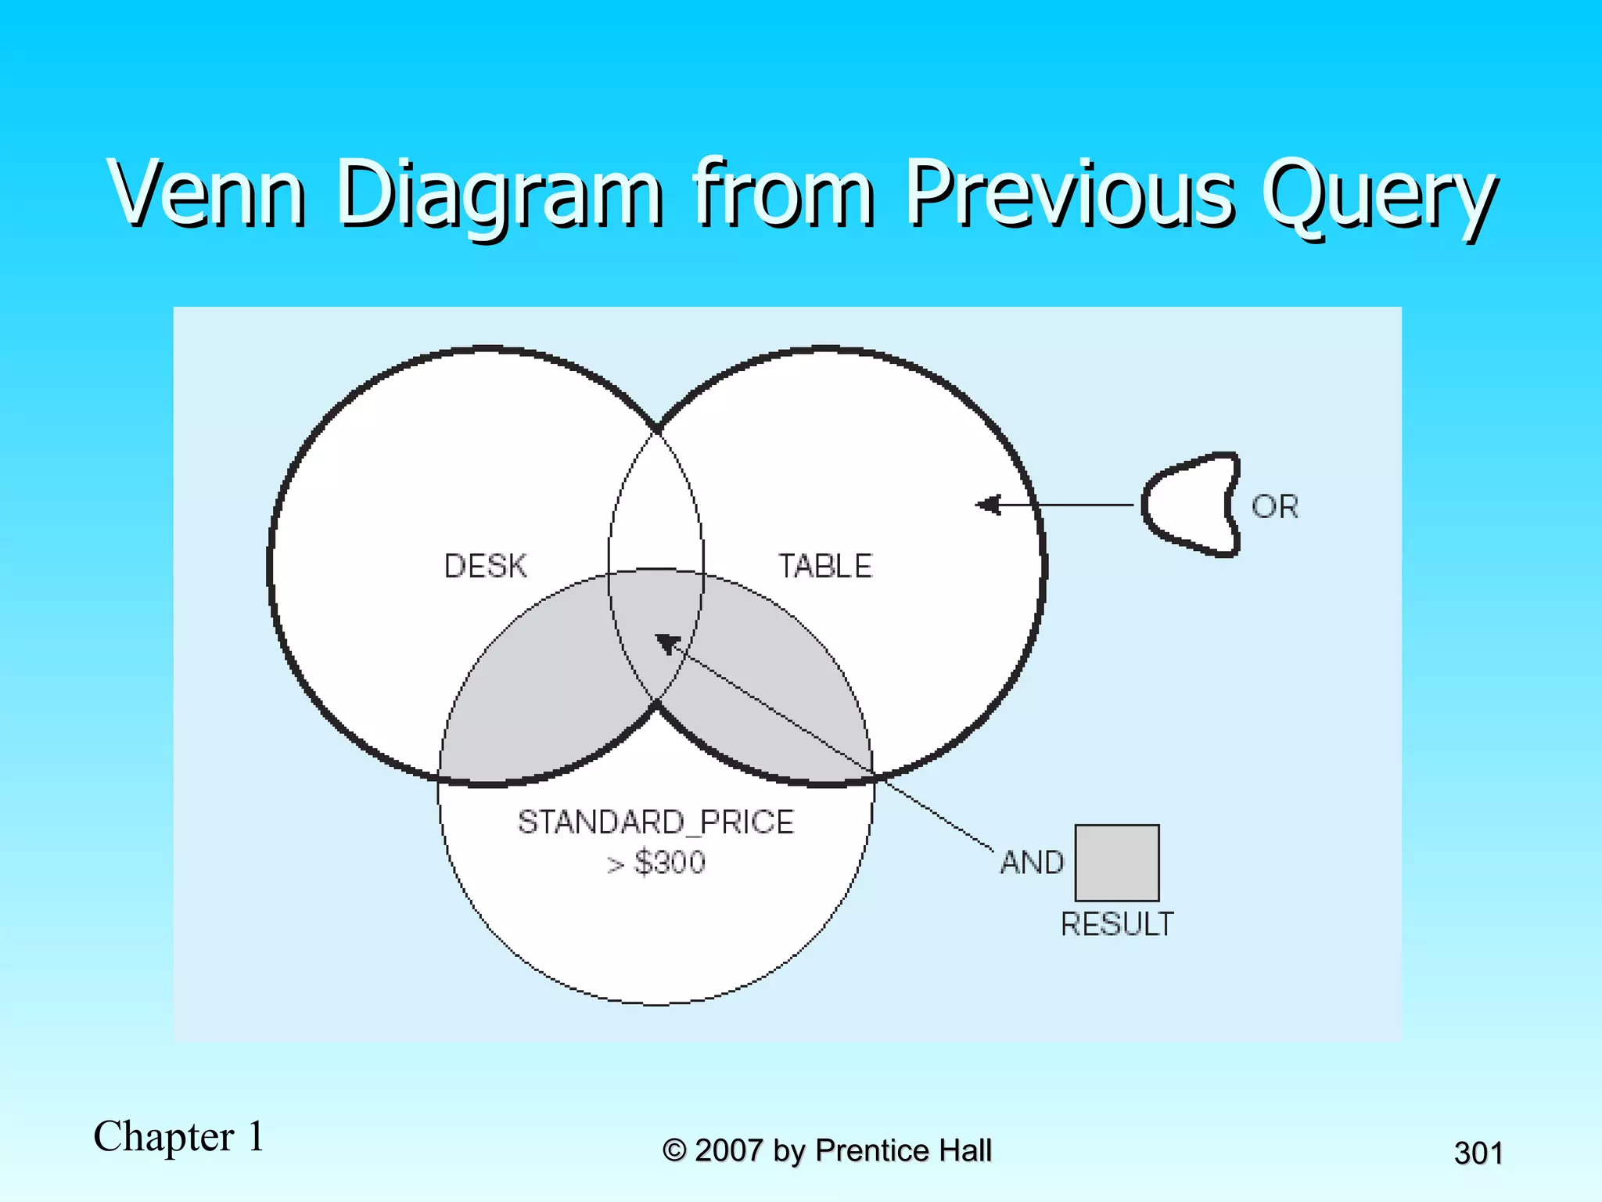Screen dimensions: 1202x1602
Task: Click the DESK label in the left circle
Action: coord(485,566)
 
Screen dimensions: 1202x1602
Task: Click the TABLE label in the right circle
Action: coord(824,566)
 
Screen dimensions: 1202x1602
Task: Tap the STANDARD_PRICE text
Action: coord(656,822)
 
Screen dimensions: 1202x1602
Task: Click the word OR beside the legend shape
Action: coord(1274,506)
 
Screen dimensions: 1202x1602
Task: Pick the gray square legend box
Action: coord(1116,862)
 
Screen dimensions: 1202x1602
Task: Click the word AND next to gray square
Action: coord(1032,862)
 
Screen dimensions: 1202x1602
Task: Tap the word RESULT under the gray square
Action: coord(1116,924)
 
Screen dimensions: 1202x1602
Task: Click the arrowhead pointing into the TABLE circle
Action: coord(987,505)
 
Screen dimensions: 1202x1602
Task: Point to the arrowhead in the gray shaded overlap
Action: coord(666,642)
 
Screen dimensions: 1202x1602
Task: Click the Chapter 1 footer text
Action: coord(178,1136)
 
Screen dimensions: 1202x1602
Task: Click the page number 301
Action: coord(1478,1153)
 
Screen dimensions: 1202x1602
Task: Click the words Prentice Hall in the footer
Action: coord(903,1150)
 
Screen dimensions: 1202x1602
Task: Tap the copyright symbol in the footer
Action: coord(674,1150)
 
